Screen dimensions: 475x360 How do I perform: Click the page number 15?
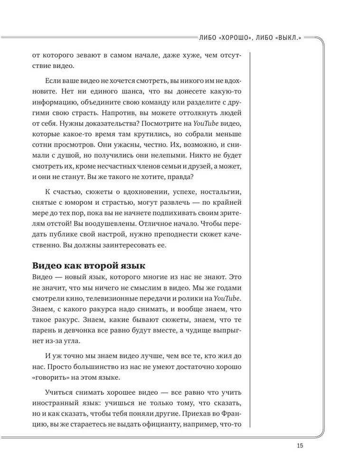point(299,445)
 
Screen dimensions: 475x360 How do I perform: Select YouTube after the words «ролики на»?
point(227,298)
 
